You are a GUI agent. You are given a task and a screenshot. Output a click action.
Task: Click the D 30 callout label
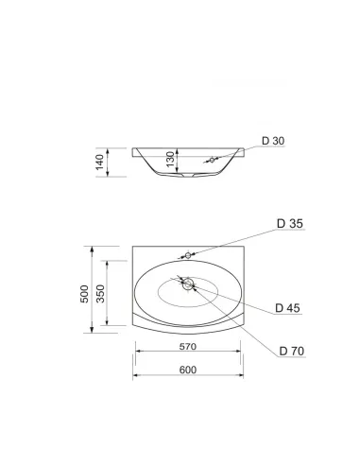point(273,141)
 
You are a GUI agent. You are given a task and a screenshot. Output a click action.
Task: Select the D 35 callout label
point(290,223)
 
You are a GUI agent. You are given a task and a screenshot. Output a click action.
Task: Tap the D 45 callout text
point(287,308)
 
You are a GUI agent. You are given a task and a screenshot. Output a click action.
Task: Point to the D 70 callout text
point(292,351)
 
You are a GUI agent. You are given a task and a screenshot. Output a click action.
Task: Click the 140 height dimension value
point(100,162)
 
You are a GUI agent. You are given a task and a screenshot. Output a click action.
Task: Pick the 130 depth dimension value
point(170,159)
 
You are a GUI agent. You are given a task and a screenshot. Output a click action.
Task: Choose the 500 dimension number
point(84,294)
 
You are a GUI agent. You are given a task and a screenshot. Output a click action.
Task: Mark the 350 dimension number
point(100,294)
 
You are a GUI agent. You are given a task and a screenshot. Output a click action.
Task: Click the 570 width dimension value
point(188,347)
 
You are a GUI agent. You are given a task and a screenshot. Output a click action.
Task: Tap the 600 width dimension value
point(188,370)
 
